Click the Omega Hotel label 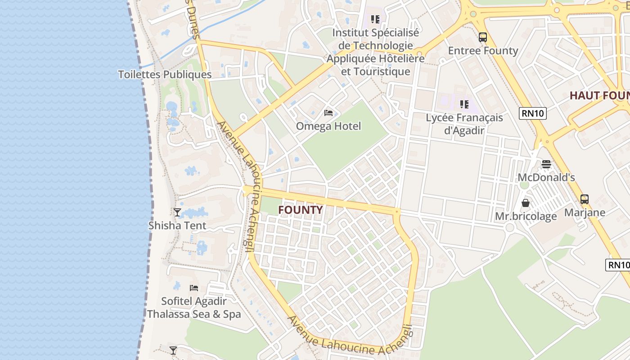(328, 126)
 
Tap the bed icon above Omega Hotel (328, 112)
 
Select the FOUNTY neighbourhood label (300, 210)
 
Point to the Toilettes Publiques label (165, 75)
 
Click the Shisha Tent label (177, 225)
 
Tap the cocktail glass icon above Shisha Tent (177, 212)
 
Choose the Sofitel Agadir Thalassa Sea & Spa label (194, 308)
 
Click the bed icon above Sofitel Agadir (194, 288)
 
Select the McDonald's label (546, 177)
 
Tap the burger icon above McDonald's (546, 164)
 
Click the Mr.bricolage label (526, 216)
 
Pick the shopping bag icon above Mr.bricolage (526, 203)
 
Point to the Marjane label (585, 212)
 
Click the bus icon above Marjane (585, 199)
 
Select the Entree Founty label (483, 50)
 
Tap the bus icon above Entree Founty (483, 37)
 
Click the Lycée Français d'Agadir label (464, 124)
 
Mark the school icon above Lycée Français (464, 104)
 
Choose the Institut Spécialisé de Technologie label (375, 52)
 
